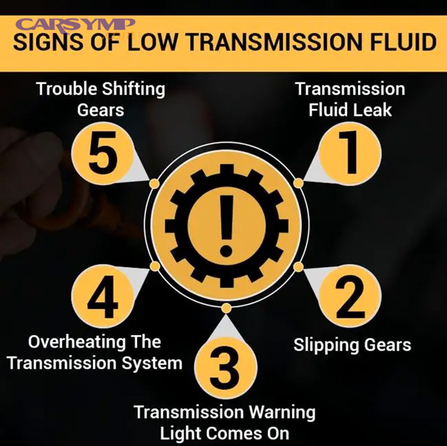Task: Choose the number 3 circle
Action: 225,370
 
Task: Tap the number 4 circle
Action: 102,296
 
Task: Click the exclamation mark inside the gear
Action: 226,223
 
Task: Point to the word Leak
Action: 373,110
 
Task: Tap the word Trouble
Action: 67,89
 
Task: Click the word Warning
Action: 282,412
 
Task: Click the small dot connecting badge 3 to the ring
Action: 226,308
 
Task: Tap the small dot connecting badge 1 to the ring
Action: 298,183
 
